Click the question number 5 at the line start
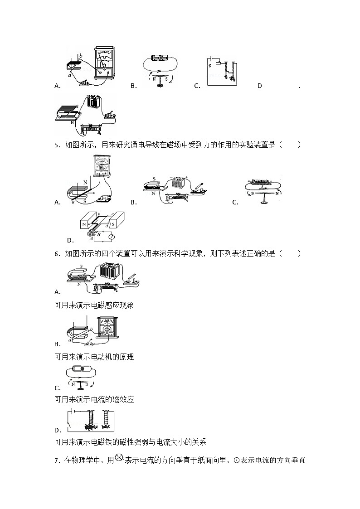(x=56, y=145)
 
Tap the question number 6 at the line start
(x=56, y=254)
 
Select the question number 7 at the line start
(x=56, y=461)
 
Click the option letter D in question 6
(x=58, y=431)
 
